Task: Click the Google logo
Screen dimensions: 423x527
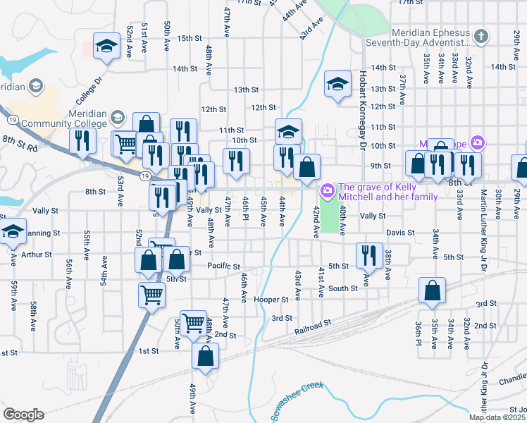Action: (23, 415)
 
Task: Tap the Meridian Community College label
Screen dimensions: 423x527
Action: (63, 119)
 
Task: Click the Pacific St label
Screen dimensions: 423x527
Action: (225, 265)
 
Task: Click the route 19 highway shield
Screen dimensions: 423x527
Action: (144, 176)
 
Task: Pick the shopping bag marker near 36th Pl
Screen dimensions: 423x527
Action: (432, 290)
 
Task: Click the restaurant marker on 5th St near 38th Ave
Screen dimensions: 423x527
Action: (369, 256)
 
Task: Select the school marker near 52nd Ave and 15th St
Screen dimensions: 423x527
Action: (106, 47)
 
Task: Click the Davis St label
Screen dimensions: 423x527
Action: (399, 233)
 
